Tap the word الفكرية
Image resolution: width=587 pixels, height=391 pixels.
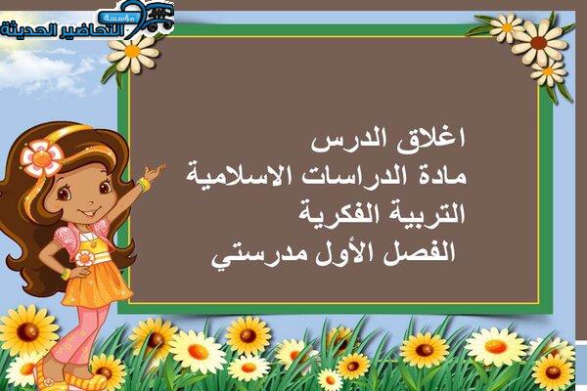(x=339, y=214)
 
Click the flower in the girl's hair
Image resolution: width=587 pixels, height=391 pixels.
(x=41, y=158)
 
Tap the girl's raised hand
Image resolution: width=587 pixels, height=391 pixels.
(x=155, y=172)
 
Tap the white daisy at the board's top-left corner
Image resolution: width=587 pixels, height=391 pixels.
(x=133, y=53)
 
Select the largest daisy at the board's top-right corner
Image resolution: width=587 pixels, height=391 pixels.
(x=539, y=42)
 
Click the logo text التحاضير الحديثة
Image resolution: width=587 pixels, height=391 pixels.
(x=63, y=30)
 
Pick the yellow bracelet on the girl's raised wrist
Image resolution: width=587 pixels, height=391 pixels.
(x=144, y=185)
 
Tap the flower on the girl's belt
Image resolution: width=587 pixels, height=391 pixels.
(x=84, y=258)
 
